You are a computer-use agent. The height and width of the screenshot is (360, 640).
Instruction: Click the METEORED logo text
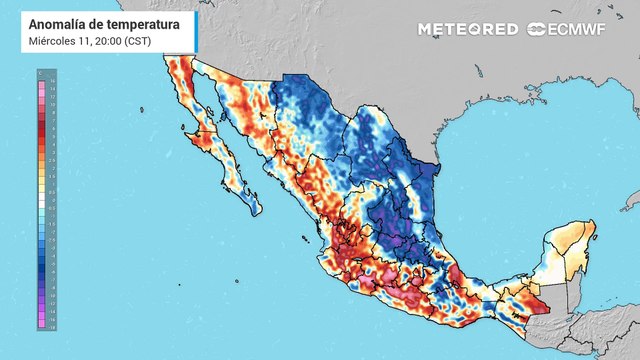pos(468,29)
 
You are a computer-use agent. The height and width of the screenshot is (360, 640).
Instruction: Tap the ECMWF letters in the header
pos(577,29)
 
